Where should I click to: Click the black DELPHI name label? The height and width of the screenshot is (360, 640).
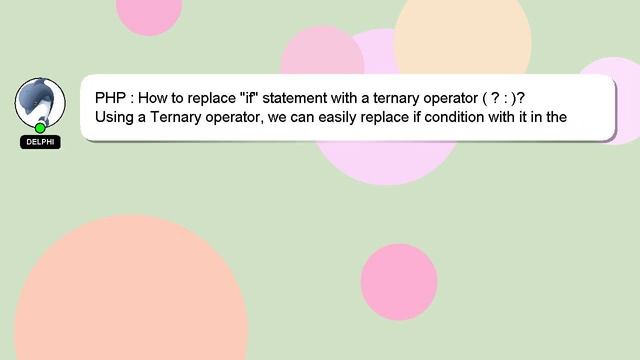40,142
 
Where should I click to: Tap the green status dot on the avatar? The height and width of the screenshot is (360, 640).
40,128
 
